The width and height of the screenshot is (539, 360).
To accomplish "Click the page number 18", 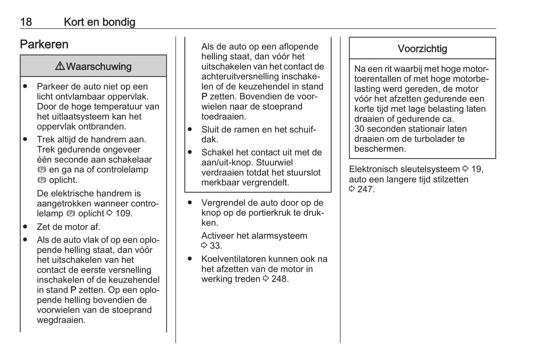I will tap(26, 22).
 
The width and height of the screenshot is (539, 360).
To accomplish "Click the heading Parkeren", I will tap(44, 44).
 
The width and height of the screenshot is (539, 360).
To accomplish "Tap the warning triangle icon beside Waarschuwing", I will tap(60, 66).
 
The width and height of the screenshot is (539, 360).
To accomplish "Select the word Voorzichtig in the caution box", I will tap(422, 49).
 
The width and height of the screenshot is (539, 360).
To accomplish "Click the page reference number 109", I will tap(123, 213).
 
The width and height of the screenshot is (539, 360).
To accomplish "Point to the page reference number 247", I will tap(366, 189).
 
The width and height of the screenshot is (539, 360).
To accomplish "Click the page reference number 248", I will tap(279, 279).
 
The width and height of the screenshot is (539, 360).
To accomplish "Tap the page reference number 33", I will tap(216, 245).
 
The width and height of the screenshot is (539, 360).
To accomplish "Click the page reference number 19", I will tap(477, 169).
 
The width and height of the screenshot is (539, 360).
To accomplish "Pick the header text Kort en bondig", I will tap(99, 22).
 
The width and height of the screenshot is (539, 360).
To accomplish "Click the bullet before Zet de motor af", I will tap(25, 226).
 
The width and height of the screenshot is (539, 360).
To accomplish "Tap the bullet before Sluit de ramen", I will tap(190, 129).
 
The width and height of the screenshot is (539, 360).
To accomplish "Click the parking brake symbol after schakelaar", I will tap(41, 170).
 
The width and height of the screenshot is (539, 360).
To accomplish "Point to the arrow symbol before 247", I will tap(352, 189).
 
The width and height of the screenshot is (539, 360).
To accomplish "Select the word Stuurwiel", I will tap(275, 162).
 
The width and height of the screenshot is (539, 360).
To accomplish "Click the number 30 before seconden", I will tap(359, 129).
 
